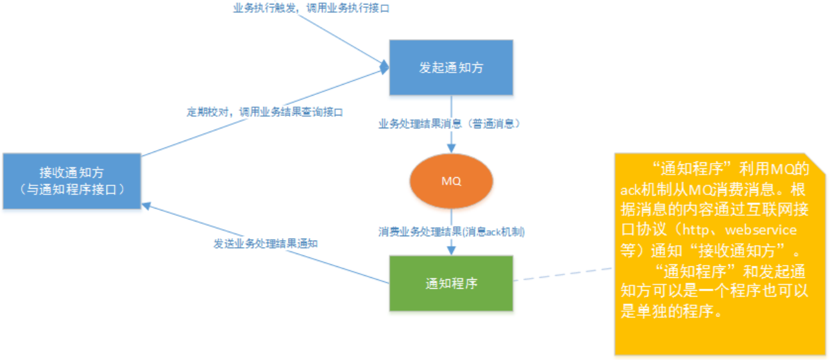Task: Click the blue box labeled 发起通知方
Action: point(450,67)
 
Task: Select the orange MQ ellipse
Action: point(451,182)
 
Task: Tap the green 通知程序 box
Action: point(451,283)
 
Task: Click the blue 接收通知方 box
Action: point(71,180)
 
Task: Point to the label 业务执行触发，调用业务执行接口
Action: point(311,9)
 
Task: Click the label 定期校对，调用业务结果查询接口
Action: point(265,112)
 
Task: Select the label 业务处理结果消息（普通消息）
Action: point(449,124)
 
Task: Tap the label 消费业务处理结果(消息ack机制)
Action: point(452,232)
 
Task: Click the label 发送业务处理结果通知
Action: point(266,244)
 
